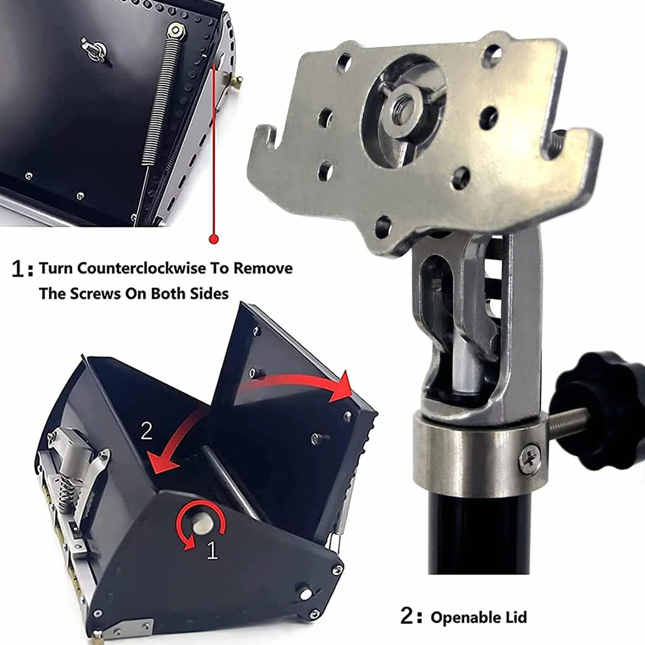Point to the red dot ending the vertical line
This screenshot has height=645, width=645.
(213, 239)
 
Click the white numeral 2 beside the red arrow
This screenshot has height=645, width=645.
(146, 432)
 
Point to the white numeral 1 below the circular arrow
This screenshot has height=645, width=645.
(212, 550)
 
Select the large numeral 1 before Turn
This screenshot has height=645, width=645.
(19, 269)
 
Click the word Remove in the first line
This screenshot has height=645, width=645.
(263, 268)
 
